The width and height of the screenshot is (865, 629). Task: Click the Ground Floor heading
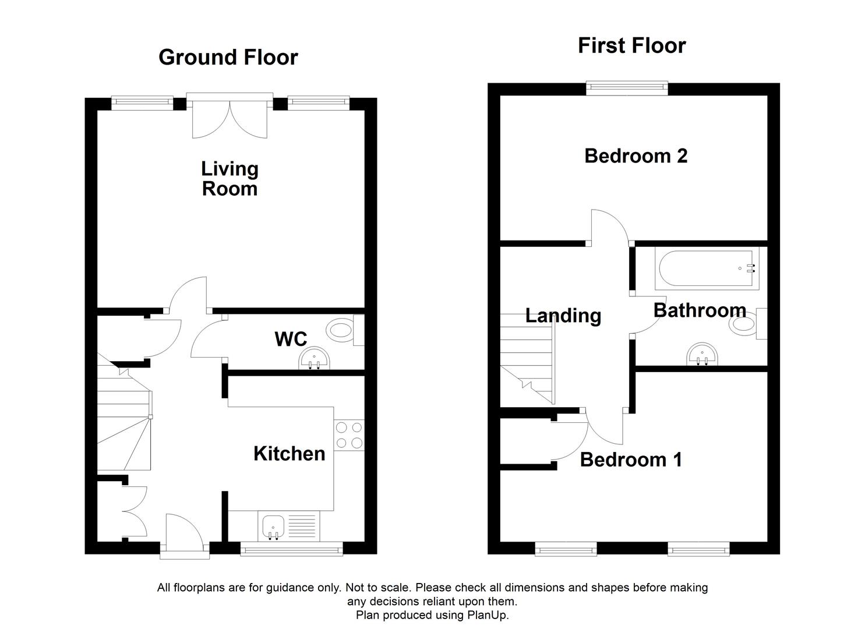coord(228,57)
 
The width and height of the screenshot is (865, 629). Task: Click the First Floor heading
coord(631,45)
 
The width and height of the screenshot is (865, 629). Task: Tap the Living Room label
coord(230,178)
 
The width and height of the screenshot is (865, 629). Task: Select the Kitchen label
coord(289,453)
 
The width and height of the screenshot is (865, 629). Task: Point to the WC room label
coord(291,338)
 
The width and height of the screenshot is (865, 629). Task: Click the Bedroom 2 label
coord(635,156)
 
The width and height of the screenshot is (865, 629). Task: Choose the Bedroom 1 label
coord(631,460)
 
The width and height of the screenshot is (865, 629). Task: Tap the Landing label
coord(563,315)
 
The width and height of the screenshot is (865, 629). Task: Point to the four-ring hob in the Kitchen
coord(349,435)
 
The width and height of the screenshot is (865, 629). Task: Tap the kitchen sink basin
coord(273,526)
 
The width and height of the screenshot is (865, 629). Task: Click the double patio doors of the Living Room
coord(230,116)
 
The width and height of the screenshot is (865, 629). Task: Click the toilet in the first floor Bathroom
coord(744,324)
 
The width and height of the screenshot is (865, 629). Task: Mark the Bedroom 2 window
coord(627,89)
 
